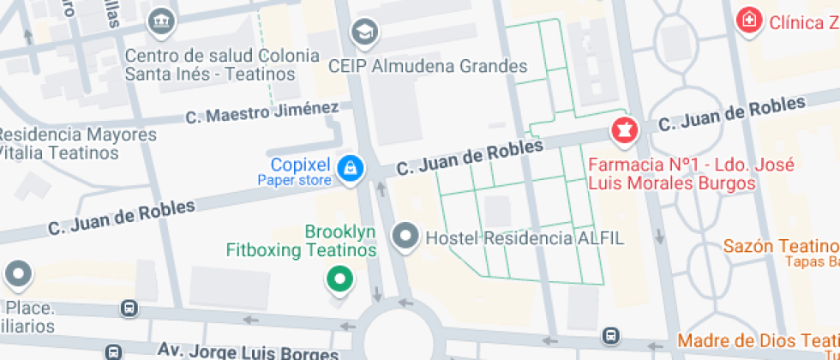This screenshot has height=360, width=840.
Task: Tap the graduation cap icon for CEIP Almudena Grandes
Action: [x=366, y=33]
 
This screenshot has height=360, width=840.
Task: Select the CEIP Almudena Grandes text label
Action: [x=428, y=66]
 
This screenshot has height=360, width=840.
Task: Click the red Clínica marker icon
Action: [x=749, y=21]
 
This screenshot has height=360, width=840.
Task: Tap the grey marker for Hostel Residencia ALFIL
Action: [x=404, y=236]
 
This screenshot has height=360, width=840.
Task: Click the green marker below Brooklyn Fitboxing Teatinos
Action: [x=340, y=279]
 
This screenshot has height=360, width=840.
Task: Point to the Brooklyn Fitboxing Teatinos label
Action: [x=302, y=242]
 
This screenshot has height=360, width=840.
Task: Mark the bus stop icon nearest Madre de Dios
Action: [x=610, y=336]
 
